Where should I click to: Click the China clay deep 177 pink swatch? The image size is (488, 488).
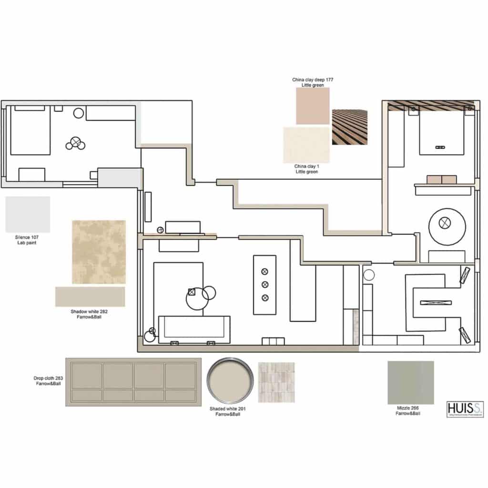click(x=313, y=106)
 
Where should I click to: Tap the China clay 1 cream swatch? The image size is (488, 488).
click(x=306, y=144)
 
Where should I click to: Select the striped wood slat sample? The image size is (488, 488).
click(x=350, y=127)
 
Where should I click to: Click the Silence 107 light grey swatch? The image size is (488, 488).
click(x=28, y=214)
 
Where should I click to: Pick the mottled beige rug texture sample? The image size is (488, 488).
click(x=99, y=252)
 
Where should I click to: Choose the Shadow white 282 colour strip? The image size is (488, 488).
click(x=90, y=296)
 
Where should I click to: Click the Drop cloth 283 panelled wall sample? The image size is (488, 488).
click(x=133, y=382)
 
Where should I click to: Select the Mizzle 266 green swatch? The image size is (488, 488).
click(x=410, y=383)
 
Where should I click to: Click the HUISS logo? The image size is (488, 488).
click(x=465, y=409)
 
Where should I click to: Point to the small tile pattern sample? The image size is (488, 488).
click(x=276, y=382)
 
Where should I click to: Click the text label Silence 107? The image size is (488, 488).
click(x=28, y=240)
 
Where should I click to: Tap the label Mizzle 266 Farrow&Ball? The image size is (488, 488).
click(x=408, y=411)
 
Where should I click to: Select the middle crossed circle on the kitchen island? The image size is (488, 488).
click(x=265, y=285)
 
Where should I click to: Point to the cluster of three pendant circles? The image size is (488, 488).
click(x=75, y=143)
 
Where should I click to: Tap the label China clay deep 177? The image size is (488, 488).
click(x=313, y=82)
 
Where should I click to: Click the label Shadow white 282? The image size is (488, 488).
click(x=90, y=314)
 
